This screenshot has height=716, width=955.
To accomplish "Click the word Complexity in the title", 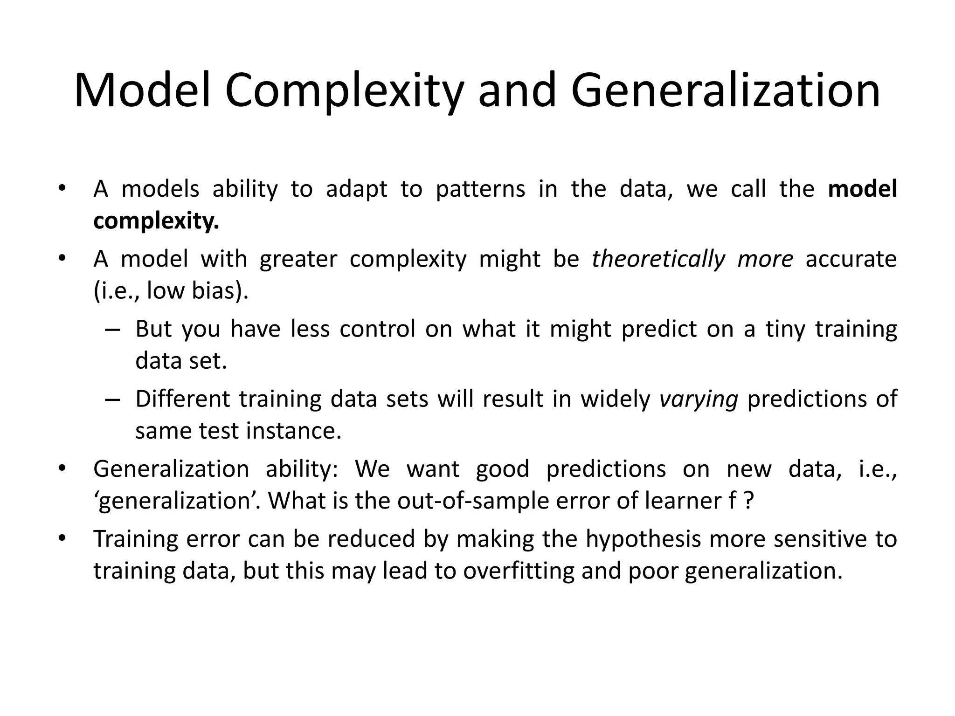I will tap(344, 91).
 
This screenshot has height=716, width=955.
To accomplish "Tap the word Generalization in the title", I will tap(725, 91).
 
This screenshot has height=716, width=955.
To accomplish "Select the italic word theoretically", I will tap(658, 259).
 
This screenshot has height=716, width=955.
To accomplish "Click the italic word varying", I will tap(699, 399).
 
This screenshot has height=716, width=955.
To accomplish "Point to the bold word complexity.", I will tap(156, 221).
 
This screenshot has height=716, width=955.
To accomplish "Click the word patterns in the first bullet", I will tap(480, 189).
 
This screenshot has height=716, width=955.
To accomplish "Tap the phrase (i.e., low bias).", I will tap(171, 291).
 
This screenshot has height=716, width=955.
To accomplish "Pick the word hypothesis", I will tap(643, 539).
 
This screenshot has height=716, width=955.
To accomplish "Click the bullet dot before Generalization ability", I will tap(61, 468).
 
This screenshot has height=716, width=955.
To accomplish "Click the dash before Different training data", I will tap(112, 400).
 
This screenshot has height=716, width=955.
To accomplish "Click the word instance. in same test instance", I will tap(294, 431).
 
